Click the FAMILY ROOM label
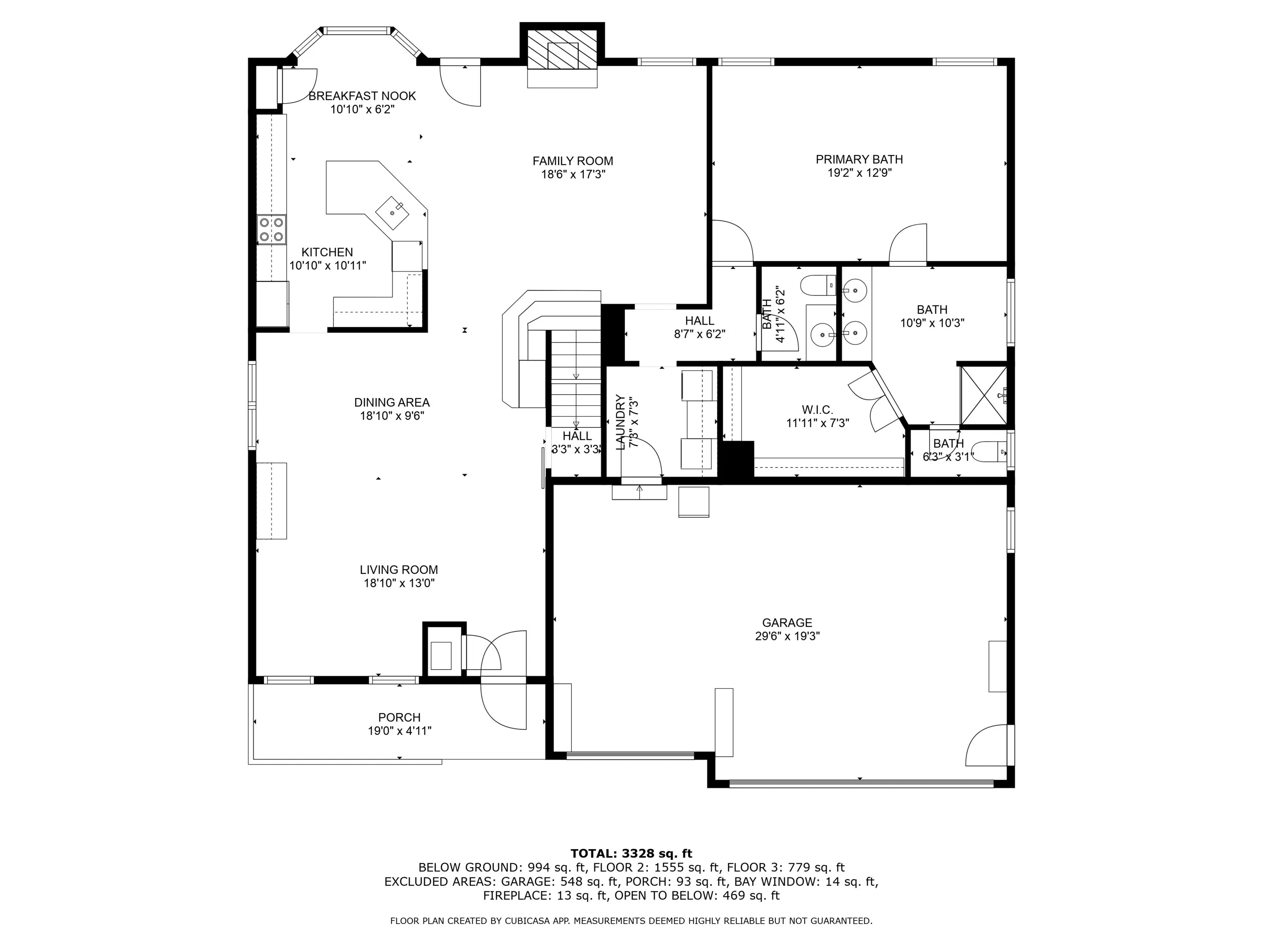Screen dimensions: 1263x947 573,162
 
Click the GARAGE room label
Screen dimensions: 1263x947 787,623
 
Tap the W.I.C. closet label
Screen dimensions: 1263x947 817,410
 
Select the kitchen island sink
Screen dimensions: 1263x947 393,212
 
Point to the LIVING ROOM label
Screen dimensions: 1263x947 398,570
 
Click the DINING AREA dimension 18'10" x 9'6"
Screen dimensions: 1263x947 392,416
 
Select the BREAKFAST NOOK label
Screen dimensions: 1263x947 362,96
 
